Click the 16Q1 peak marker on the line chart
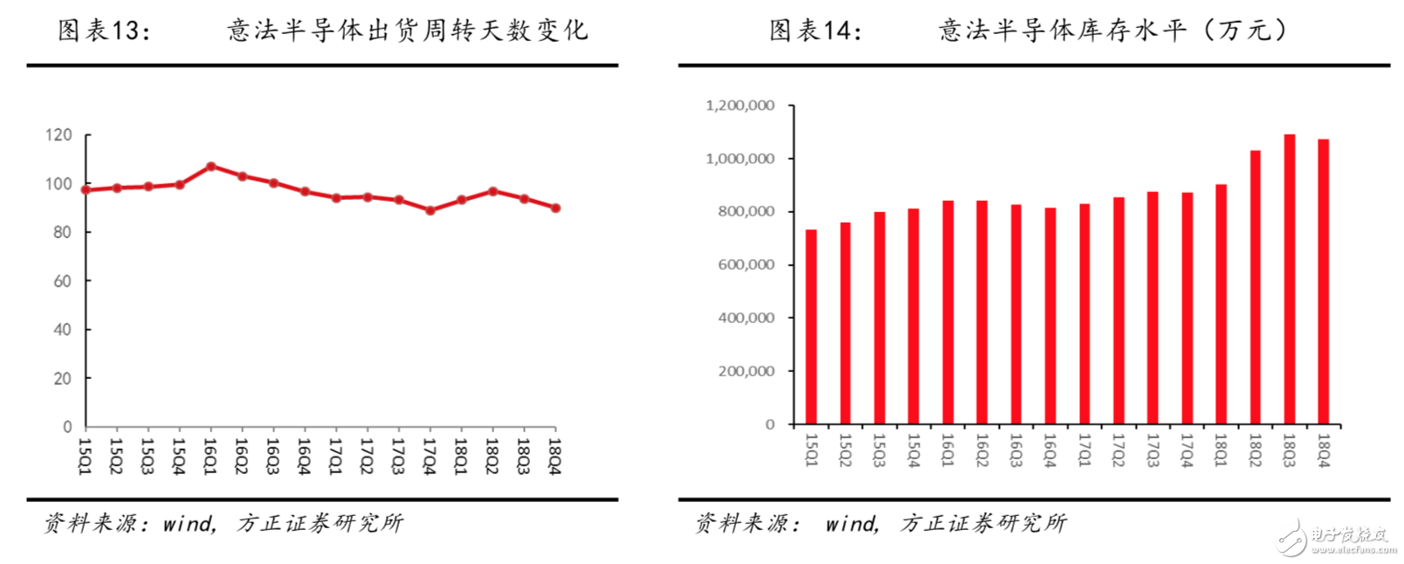pos(210,166)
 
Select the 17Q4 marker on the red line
pos(430,210)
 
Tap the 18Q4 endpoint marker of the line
pos(555,208)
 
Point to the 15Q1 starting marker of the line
pos(86,189)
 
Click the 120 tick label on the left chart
pos(58,135)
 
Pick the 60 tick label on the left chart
pos(62,281)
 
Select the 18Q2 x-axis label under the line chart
pos(492,456)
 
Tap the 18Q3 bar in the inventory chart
pos(1290,279)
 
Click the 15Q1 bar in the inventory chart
pos(811,327)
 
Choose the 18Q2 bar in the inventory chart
pos(1256,287)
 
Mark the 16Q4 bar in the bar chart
pos(1050,316)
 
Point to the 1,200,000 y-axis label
pos(740,106)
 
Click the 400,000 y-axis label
pos(746,318)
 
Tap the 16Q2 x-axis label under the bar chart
pos(981,451)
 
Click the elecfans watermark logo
pos(1336,537)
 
